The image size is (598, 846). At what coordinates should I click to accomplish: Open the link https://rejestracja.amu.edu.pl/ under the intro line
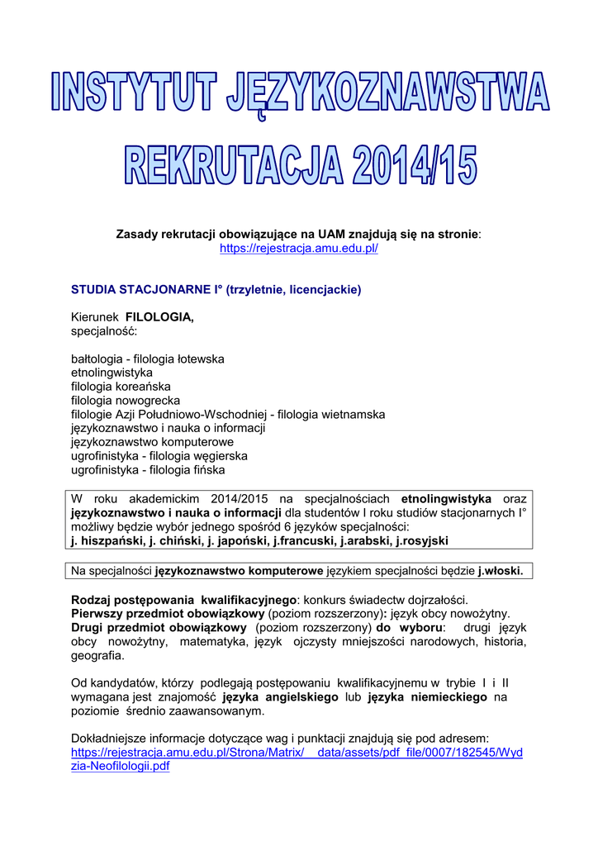pos(298,249)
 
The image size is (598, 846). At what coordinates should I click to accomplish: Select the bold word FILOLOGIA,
pos(159,317)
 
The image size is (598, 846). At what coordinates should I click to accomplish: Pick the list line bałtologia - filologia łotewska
pos(148,359)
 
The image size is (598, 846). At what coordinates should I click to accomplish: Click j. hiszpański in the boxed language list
pos(107,541)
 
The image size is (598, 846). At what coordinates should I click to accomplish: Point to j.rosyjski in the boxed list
pos(424,541)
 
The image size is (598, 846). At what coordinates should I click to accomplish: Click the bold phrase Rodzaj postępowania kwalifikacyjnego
pos(183,599)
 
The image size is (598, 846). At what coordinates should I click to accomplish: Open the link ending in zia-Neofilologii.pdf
pos(121,766)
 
